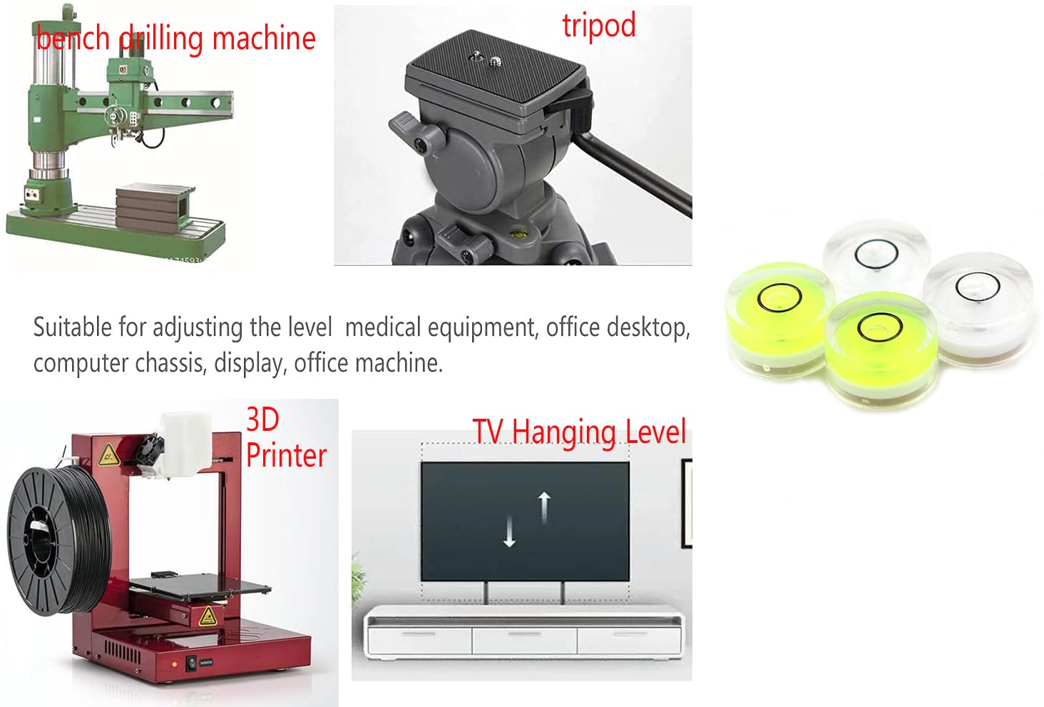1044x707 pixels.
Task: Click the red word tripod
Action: tap(599, 26)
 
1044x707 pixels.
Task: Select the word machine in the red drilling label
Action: tap(264, 39)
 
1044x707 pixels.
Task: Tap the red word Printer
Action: tap(286, 456)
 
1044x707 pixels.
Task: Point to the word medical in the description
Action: tap(383, 327)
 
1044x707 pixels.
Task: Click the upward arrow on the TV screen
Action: tap(544, 508)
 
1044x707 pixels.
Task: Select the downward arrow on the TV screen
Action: tap(509, 531)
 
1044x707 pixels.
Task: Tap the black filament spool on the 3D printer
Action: tap(58, 541)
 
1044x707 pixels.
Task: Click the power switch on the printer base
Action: tap(192, 663)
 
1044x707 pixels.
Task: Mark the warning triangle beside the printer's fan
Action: tap(108, 455)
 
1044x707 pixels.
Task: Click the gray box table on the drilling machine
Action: tap(155, 208)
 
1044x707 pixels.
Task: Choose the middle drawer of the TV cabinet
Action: tap(524, 640)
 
